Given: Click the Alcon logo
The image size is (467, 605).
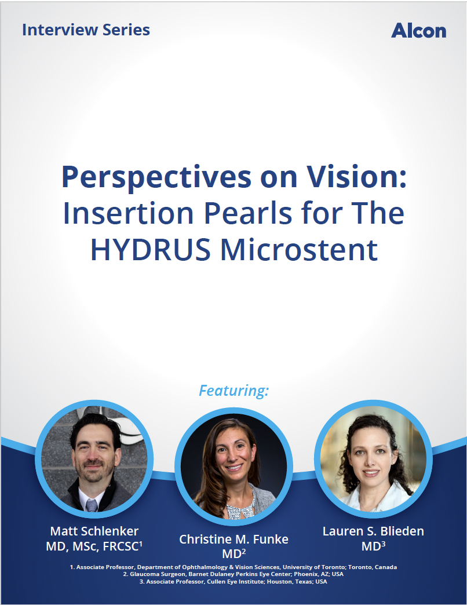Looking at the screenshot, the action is tap(419, 31).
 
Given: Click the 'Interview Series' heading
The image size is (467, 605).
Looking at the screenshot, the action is tap(86, 30).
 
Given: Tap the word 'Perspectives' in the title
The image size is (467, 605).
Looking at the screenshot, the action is tap(156, 178).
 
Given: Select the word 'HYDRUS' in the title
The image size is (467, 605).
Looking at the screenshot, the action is tap(151, 250).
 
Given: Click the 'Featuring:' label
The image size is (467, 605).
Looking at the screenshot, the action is tap(233, 391).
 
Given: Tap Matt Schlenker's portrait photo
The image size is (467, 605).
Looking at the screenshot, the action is tap(94, 459).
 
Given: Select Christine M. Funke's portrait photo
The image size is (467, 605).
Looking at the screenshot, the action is tap(233, 466).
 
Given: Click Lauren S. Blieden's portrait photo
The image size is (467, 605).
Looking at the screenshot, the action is tap(373, 459).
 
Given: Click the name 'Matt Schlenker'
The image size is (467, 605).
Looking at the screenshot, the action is tap(94, 531).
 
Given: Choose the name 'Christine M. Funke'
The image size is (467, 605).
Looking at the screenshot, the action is tap(233, 539).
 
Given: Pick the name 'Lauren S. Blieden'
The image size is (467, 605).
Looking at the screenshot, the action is tap(373, 531).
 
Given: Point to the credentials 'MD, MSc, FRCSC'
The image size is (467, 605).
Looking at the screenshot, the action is tap(93, 546).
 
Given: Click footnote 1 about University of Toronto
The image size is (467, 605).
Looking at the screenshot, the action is tap(233, 567).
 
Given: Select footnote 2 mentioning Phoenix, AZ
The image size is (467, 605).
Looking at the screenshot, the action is tap(233, 574).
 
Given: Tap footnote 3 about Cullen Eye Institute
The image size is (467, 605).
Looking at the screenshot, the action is tap(233, 581).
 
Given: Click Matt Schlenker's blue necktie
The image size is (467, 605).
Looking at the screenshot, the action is tap(92, 505).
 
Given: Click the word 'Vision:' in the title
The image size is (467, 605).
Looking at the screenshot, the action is tap(356, 178).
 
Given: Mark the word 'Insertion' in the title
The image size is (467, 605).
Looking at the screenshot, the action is tap(129, 213).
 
